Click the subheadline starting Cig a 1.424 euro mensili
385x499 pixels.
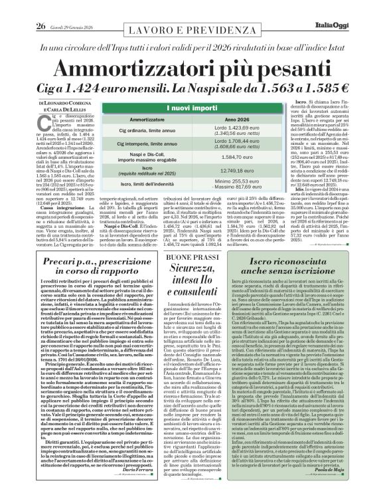point(192,88)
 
